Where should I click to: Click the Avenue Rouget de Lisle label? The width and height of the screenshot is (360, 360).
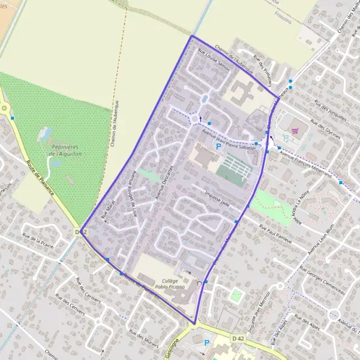click(134, 195)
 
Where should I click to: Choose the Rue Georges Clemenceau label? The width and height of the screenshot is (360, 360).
click(323, 281)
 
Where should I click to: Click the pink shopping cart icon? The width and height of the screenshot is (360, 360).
click(294, 130)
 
